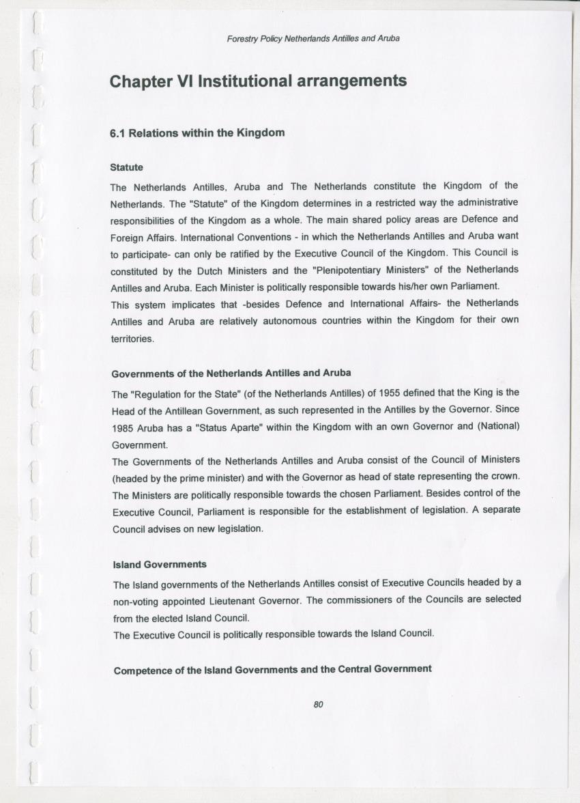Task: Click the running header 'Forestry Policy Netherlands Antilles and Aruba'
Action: pos(313,38)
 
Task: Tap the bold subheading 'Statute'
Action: pos(126,167)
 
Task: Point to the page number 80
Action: pos(318,705)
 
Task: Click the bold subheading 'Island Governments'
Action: pos(160,565)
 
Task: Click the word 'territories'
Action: pos(133,338)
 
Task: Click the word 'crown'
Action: pos(504,477)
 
